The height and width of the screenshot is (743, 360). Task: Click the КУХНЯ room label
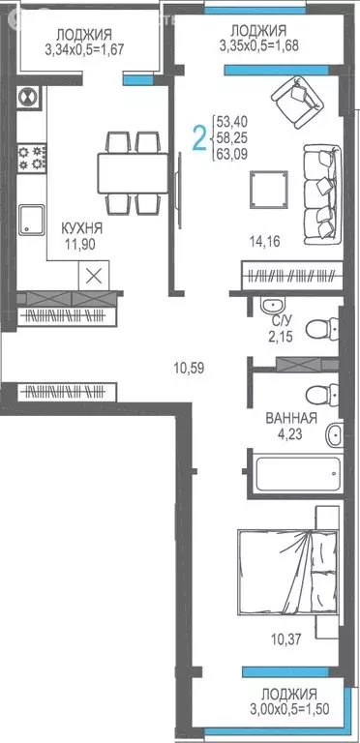82,228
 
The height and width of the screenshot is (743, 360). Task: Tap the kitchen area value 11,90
82,244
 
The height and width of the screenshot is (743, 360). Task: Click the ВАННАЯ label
291,419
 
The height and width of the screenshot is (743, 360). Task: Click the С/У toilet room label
282,318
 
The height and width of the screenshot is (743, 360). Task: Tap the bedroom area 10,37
281,639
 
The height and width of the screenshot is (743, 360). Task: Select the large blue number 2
199,140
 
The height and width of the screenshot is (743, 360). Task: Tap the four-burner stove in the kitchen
31,155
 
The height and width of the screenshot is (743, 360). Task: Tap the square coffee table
263,188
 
